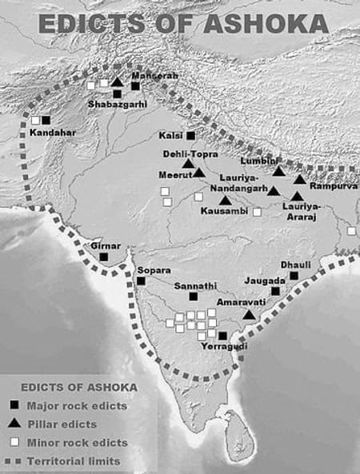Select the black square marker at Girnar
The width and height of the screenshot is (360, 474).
tap(104, 257)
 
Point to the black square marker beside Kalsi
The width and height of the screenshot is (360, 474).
tap(190, 136)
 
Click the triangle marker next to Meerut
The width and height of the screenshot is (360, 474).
tap(199, 172)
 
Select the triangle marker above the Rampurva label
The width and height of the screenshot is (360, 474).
tap(300, 180)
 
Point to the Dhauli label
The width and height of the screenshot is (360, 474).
tap(294, 264)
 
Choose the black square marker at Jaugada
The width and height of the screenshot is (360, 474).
tap(276, 291)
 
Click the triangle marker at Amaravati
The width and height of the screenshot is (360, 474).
tap(250, 315)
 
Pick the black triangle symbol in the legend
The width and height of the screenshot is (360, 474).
tap(14, 424)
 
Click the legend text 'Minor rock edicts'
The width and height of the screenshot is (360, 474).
tap(78, 443)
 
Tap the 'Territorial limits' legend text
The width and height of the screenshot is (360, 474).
tap(74, 461)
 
